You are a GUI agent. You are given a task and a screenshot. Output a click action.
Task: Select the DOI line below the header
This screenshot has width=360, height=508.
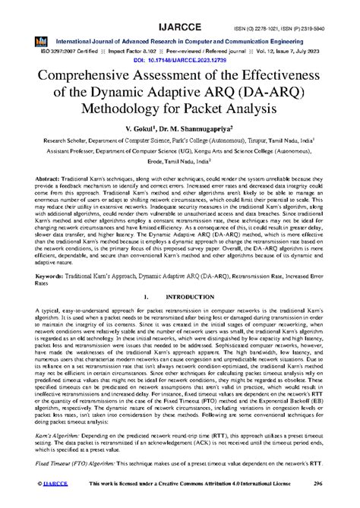tap(179, 58)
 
